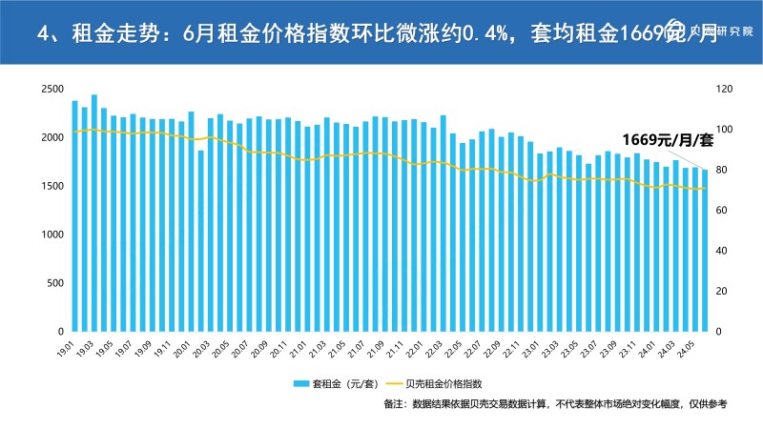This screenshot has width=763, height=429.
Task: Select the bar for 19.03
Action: [x=94, y=214]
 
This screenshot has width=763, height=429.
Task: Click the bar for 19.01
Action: [x=74, y=216]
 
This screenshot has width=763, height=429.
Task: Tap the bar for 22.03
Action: [x=443, y=223]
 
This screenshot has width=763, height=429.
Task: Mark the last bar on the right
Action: [x=706, y=251]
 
